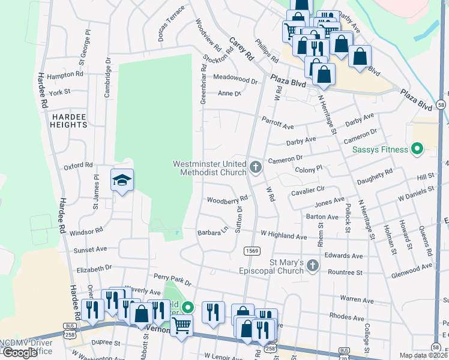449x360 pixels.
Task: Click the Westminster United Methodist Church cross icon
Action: (x=256, y=167)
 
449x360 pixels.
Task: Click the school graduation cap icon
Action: (x=122, y=180)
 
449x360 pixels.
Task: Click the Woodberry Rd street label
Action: (x=228, y=200)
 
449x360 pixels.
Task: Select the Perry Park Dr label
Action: (x=172, y=279)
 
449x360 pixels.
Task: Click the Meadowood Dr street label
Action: (x=235, y=79)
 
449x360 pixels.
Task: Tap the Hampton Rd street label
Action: (x=64, y=74)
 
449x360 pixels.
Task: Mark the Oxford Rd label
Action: (x=78, y=164)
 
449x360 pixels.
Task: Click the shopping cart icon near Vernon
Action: (x=182, y=326)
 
